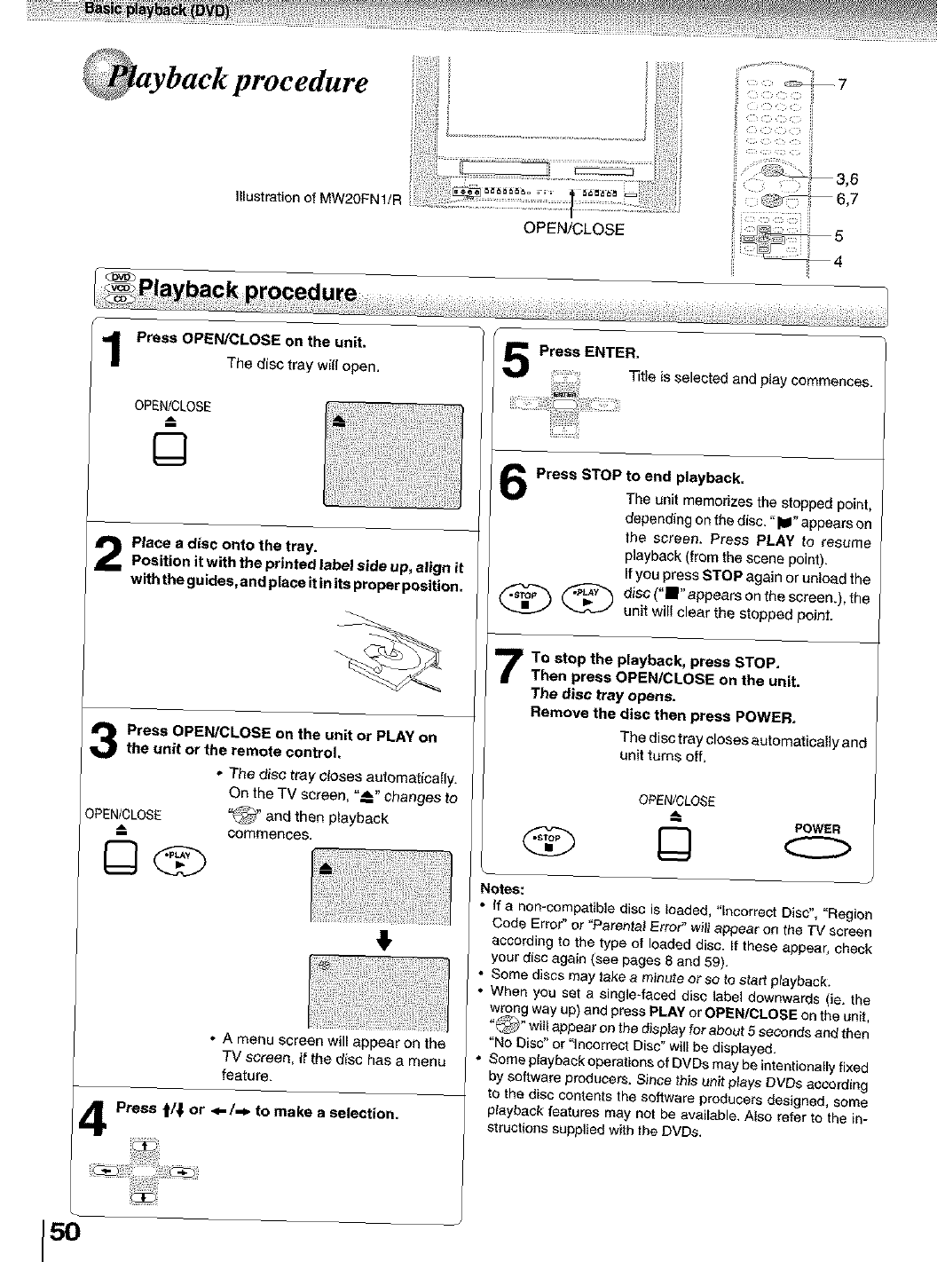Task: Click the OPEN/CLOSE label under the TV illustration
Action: tap(573, 229)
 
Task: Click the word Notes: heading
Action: tap(502, 888)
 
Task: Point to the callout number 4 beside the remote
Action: tap(838, 261)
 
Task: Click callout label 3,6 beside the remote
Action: tap(846, 182)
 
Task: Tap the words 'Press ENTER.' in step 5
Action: tap(589, 351)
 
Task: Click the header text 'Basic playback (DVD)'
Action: tap(157, 10)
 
